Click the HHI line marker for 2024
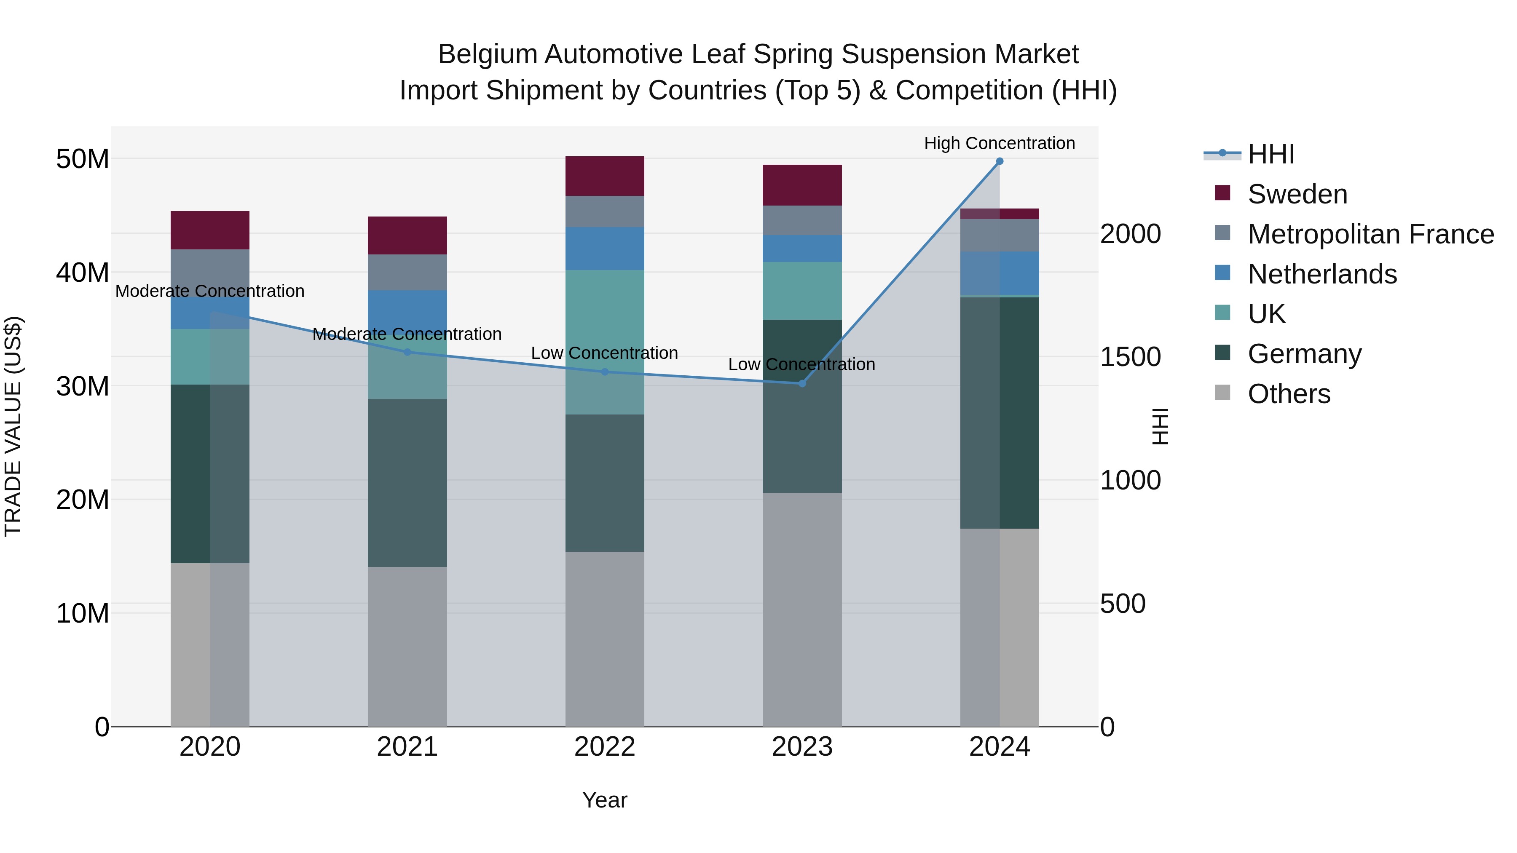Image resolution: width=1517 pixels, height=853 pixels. (x=1000, y=161)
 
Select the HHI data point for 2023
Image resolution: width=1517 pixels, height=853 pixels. (x=802, y=383)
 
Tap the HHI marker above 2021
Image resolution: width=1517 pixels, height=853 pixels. (x=407, y=352)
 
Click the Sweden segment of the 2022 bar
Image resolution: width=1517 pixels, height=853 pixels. (x=605, y=176)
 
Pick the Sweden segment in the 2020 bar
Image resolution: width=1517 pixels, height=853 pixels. (x=210, y=230)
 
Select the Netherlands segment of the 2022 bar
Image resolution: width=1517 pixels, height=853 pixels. (x=605, y=249)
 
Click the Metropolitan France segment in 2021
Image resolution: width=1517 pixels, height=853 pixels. (x=407, y=272)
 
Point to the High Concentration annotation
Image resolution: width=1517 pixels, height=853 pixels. (x=1000, y=143)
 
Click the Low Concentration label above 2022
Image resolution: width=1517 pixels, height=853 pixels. (x=604, y=353)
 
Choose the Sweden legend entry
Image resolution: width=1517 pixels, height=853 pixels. (x=1297, y=194)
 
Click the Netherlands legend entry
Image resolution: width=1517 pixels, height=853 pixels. (x=1322, y=274)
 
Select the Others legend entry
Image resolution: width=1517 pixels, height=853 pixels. (x=1289, y=394)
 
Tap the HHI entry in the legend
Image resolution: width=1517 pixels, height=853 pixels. (x=1271, y=154)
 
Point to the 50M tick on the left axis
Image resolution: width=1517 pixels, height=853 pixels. (x=83, y=159)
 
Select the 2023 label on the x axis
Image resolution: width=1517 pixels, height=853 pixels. (x=802, y=747)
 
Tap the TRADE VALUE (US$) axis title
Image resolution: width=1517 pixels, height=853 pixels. (x=13, y=426)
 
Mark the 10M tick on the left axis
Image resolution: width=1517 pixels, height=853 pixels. (x=83, y=613)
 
